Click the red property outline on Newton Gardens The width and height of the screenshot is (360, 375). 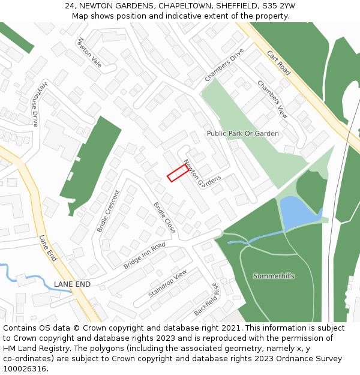[x=178, y=173]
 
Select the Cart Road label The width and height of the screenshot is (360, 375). [x=278, y=62]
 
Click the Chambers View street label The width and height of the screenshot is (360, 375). [x=272, y=98]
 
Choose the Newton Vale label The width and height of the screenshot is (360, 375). [x=89, y=52]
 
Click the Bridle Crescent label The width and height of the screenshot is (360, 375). [x=109, y=211]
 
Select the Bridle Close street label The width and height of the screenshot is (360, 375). [x=164, y=217]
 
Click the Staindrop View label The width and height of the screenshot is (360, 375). [x=167, y=283]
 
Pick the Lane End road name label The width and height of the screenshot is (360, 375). [x=47, y=248]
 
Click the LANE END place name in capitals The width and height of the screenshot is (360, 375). [x=72, y=284]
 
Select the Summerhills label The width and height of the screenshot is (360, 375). [x=274, y=276]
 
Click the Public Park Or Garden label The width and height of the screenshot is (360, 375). [x=242, y=133]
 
